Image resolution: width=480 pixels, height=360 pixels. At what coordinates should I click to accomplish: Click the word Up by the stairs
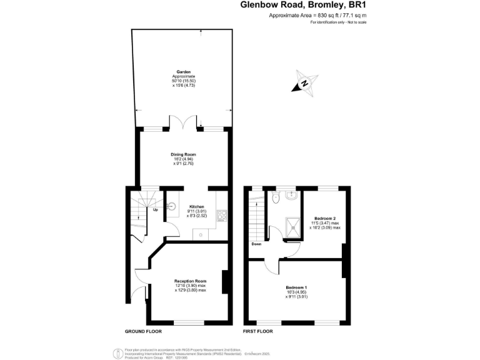[x=155, y=209]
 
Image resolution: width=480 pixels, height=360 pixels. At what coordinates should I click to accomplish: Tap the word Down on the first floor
[x=256, y=244]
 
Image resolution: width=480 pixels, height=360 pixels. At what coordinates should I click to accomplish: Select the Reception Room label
[x=191, y=281]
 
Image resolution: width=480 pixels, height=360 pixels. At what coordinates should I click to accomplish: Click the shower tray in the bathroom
[x=291, y=224]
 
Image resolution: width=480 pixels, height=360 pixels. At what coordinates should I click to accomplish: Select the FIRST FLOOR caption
[x=257, y=331]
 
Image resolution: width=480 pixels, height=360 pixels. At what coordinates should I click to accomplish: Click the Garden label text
[x=184, y=72]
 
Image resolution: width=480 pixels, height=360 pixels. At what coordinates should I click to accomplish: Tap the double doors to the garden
[x=184, y=123]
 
